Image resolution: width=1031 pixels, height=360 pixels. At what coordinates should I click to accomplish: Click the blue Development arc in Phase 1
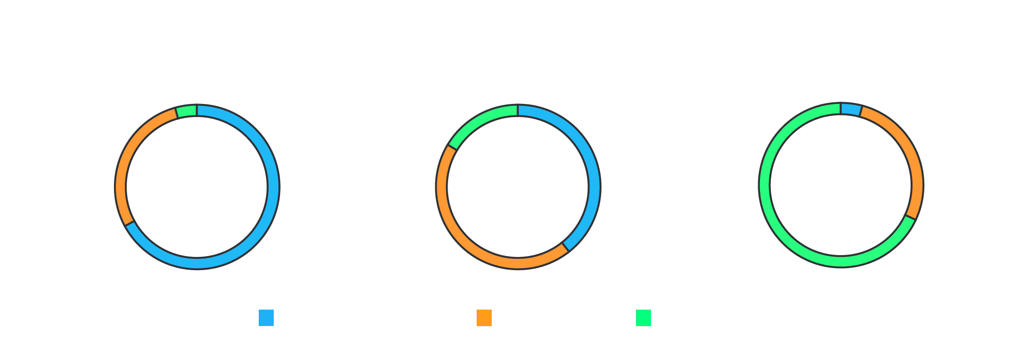(x=272, y=187)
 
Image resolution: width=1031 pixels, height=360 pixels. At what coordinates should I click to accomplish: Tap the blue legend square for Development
(x=266, y=318)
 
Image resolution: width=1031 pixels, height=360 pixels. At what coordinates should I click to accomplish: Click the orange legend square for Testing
(x=484, y=318)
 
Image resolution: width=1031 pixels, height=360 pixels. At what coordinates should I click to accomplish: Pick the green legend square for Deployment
(x=643, y=318)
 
